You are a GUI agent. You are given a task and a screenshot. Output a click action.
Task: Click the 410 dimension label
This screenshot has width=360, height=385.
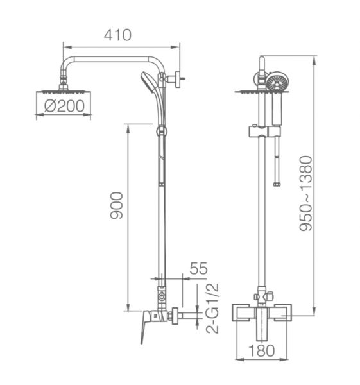(x=117, y=35)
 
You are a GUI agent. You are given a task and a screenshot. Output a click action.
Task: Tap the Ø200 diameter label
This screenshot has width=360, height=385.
(x=64, y=106)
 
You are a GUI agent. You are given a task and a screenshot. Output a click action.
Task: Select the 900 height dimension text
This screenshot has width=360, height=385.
(x=116, y=205)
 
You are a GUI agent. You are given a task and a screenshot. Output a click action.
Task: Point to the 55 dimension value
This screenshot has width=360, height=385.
(x=199, y=268)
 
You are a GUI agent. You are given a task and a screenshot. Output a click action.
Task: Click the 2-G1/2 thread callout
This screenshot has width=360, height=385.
(x=212, y=308)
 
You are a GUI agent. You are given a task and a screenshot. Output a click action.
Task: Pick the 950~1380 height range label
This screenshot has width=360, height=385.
(x=305, y=193)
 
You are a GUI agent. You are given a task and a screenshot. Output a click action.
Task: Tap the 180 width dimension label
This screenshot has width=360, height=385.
(x=262, y=350)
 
